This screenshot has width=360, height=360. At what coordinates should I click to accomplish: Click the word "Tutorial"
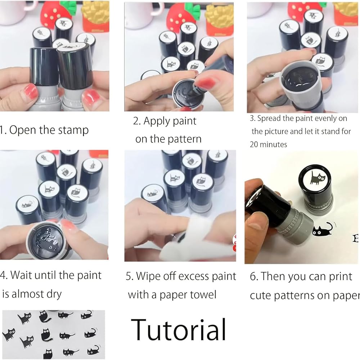(179, 329)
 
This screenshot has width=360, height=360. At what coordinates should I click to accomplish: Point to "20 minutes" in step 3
(269, 144)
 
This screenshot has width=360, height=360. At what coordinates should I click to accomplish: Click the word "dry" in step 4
(54, 294)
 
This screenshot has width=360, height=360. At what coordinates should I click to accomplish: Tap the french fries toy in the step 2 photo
(220, 19)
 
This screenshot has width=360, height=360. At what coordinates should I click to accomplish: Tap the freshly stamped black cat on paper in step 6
(323, 230)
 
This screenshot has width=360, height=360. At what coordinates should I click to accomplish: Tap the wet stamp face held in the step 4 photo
(47, 241)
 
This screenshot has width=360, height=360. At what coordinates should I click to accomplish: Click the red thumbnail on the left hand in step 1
(30, 91)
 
